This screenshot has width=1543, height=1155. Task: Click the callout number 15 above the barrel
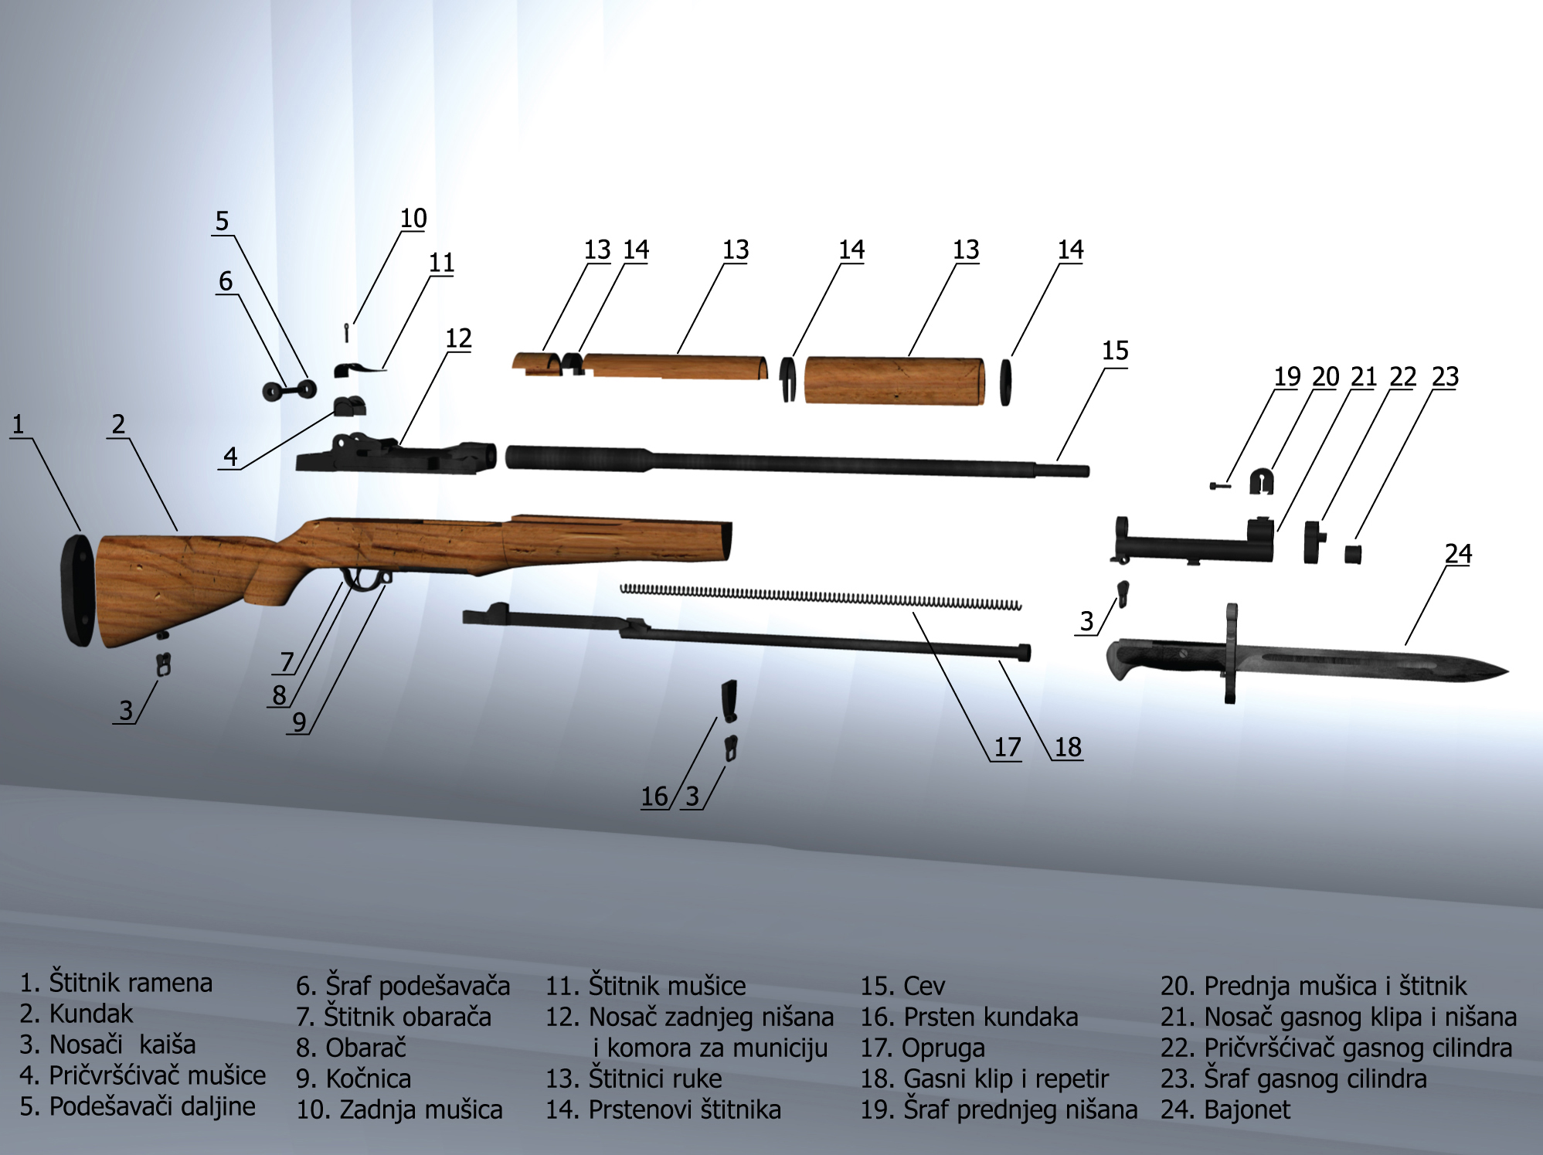[1115, 351]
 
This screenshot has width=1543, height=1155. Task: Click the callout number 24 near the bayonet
[1458, 553]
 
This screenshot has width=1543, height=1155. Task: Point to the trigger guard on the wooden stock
[363, 581]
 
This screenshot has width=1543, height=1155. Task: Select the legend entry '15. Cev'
[902, 986]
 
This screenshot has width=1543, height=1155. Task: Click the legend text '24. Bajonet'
[1225, 1109]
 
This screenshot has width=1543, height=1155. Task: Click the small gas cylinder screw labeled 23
[1352, 554]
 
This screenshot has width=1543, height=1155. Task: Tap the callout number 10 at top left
[413, 219]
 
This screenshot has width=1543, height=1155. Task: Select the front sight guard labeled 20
[1261, 482]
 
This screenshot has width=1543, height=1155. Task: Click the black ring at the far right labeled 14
[1005, 382]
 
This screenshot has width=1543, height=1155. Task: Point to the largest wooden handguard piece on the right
[894, 381]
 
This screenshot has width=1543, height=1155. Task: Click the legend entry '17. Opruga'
[923, 1048]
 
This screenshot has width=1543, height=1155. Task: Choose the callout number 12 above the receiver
[458, 338]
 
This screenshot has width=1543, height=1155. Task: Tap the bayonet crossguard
[1230, 654]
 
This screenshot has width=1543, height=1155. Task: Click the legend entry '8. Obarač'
[351, 1048]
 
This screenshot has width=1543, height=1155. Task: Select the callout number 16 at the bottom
[654, 797]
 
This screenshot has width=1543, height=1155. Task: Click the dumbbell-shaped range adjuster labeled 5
[289, 391]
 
